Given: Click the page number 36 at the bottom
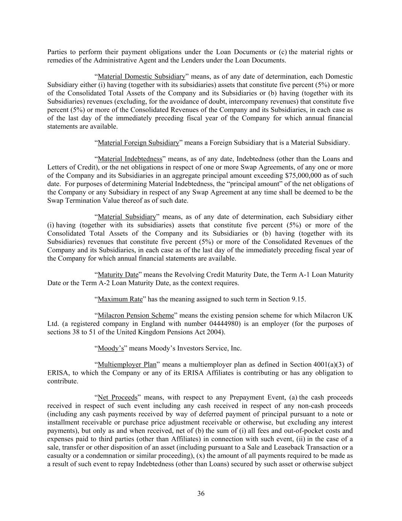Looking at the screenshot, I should tap(201, 494).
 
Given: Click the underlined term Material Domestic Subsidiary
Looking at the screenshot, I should tap(141, 77).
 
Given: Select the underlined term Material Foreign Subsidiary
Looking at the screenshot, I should tap(138, 143).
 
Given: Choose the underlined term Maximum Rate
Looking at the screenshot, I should tap(120, 299).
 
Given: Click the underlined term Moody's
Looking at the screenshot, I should tap(111, 348).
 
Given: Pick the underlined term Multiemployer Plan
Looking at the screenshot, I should tap(127, 365).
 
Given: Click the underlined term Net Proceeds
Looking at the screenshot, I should tap(117, 398).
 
